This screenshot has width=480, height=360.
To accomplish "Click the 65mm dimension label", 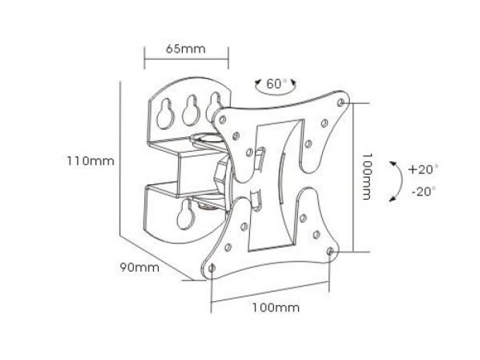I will (x=185, y=48).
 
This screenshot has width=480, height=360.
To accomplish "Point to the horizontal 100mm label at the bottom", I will (x=276, y=307).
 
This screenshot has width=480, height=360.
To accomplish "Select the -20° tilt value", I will (x=423, y=190).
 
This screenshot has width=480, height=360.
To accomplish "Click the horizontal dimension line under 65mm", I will (x=187, y=58).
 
